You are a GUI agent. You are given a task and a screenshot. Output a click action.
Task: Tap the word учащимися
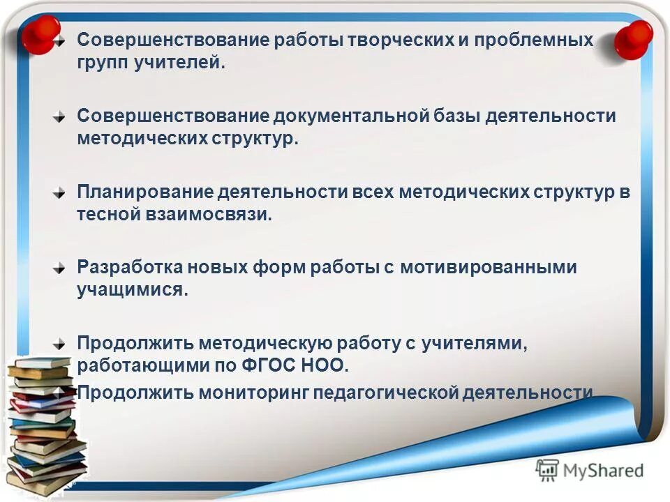pos(133,289)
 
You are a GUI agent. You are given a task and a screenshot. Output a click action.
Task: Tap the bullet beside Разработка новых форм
pos(62,268)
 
